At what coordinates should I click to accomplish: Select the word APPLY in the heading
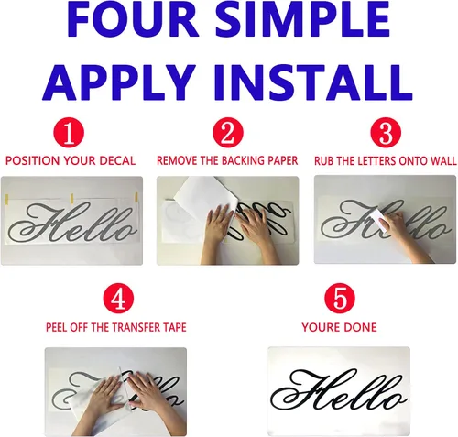click(119, 82)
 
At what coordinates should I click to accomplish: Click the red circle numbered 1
click(69, 133)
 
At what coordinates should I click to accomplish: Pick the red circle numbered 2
click(228, 133)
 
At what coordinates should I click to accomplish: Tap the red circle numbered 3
click(386, 133)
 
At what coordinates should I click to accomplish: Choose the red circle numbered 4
click(118, 298)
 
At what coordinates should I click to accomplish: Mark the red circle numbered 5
click(340, 298)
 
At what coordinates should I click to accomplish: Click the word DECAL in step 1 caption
click(119, 161)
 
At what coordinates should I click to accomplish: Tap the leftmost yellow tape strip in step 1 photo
click(6, 199)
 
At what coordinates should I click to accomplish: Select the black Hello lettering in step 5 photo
click(339, 391)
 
